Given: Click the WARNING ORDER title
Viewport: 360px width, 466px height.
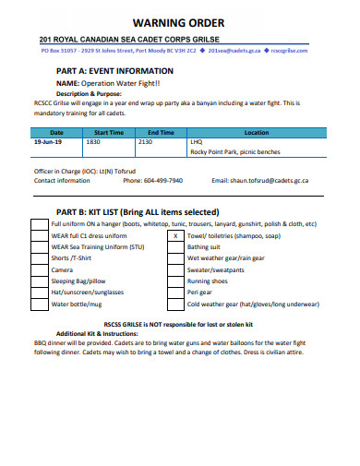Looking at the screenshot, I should (x=179, y=22).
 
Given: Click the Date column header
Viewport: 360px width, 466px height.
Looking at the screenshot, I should (x=56, y=133).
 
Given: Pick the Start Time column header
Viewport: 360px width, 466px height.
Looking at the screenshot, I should (x=109, y=133).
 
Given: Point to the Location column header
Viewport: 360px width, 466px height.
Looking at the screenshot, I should (x=256, y=133).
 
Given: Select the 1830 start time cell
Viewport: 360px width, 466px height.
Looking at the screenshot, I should (x=93, y=142).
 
